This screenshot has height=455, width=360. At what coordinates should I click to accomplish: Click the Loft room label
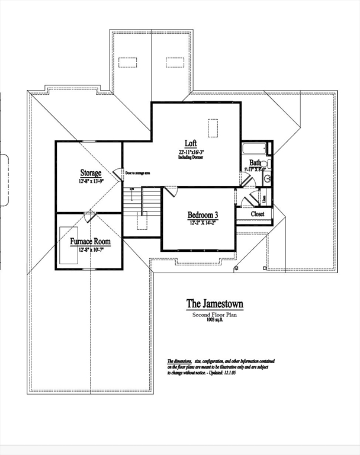pyautogui.click(x=191, y=143)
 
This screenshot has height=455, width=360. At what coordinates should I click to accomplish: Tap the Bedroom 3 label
pyautogui.click(x=203, y=214)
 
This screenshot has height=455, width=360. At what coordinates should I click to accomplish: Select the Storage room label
pyautogui.click(x=91, y=173)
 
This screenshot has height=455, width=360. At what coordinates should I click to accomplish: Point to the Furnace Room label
pyautogui.click(x=90, y=242)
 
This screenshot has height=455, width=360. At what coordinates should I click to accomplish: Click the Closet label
pyautogui.click(x=258, y=214)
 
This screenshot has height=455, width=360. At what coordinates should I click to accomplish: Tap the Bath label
pyautogui.click(x=255, y=162)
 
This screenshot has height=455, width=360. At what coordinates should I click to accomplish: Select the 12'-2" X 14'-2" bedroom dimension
pyautogui.click(x=203, y=223)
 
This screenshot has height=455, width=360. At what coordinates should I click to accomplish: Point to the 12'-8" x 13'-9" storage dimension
pyautogui.click(x=91, y=181)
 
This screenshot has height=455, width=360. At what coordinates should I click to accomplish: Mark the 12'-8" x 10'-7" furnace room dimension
pyautogui.click(x=90, y=249)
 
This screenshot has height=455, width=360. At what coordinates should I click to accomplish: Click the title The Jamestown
pyautogui.click(x=214, y=304)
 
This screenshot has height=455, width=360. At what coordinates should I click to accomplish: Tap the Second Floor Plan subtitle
pyautogui.click(x=214, y=315)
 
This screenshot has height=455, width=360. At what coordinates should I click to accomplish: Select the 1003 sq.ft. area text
pyautogui.click(x=214, y=321)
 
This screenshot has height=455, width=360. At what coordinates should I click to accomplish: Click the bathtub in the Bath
pyautogui.click(x=255, y=148)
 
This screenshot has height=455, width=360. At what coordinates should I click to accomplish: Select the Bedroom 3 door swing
pyautogui.click(x=170, y=191)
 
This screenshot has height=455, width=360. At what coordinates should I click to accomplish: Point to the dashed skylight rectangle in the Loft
pyautogui.click(x=213, y=127)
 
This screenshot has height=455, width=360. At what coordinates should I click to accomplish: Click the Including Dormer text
pyautogui.click(x=191, y=158)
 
